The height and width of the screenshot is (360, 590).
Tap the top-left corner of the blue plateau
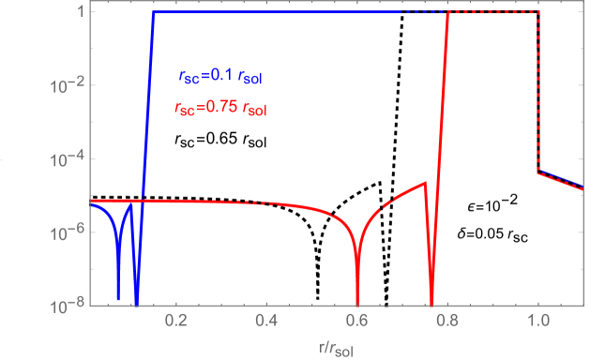(x=153, y=12)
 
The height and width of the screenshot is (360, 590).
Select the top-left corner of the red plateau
(x=451, y=12)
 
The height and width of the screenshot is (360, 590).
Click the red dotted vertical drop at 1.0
(x=537, y=94)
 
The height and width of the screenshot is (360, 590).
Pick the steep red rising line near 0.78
(x=442, y=141)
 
